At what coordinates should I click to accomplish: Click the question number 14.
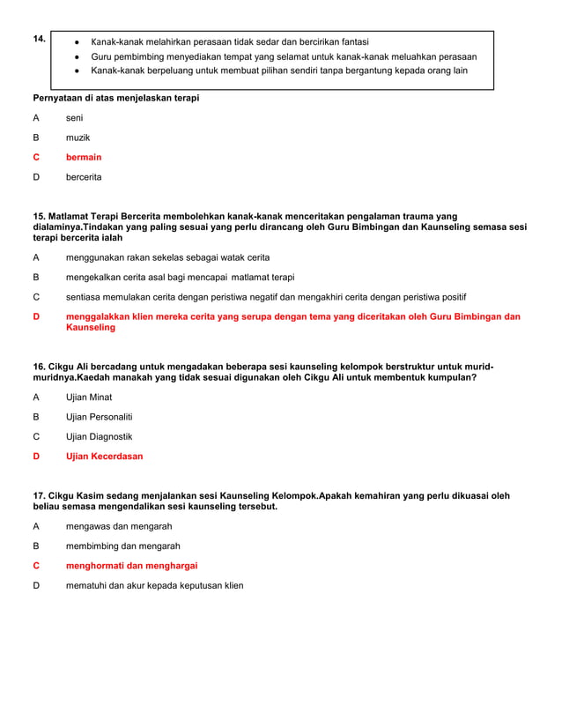pyautogui.click(x=39, y=39)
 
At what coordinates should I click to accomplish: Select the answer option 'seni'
pyautogui.click(x=74, y=117)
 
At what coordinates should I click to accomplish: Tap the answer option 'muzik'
pyautogui.click(x=78, y=137)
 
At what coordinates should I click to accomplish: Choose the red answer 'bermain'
pyautogui.click(x=84, y=157)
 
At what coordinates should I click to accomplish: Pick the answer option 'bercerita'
pyautogui.click(x=84, y=177)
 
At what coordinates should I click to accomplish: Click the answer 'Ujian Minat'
pyautogui.click(x=89, y=397)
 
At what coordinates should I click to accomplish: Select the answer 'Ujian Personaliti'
pyautogui.click(x=99, y=417)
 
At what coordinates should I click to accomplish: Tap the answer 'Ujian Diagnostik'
pyautogui.click(x=99, y=436)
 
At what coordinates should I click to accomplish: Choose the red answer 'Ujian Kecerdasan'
pyautogui.click(x=104, y=457)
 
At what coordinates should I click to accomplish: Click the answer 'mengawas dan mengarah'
pyautogui.click(x=119, y=526)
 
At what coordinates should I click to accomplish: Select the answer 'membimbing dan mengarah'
pyautogui.click(x=122, y=546)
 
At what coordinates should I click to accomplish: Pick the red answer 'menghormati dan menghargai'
pyautogui.click(x=131, y=566)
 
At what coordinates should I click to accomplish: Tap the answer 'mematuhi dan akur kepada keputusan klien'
pyautogui.click(x=154, y=585)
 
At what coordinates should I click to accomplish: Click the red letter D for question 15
pyautogui.click(x=36, y=316)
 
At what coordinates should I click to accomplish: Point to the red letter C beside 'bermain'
pyautogui.click(x=36, y=157)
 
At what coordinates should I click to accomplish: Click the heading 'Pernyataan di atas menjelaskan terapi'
pyautogui.click(x=115, y=98)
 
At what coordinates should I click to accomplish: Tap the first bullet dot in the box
pyautogui.click(x=78, y=42)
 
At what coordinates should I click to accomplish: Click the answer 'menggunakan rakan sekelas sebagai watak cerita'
pyautogui.click(x=167, y=257)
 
